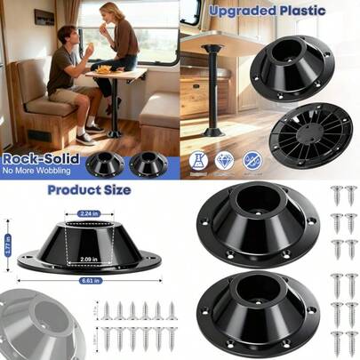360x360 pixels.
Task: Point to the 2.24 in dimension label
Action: pos(86,214)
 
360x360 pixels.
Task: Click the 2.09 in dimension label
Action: pos(86,259)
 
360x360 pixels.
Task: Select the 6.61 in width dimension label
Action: pos(85,281)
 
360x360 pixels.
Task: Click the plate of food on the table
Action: pos(106,70)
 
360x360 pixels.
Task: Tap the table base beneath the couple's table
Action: pos(116,132)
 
